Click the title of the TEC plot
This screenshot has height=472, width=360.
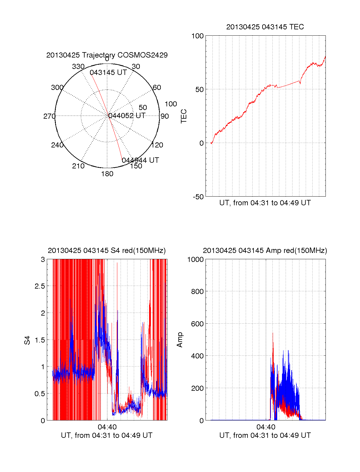click(x=265, y=27)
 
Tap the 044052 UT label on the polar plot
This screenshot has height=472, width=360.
click(x=127, y=116)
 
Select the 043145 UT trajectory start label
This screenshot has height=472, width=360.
click(x=108, y=73)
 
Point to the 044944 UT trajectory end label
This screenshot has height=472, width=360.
click(x=140, y=160)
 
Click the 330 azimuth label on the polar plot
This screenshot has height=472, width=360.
click(x=78, y=67)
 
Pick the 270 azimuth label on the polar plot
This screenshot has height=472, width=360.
click(x=49, y=116)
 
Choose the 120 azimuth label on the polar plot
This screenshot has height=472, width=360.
click(x=157, y=145)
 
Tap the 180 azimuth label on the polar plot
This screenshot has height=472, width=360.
click(x=107, y=174)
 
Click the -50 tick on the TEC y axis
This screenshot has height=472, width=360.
click(x=198, y=197)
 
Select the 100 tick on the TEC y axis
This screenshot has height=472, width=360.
click(x=197, y=36)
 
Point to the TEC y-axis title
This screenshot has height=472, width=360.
click(x=184, y=116)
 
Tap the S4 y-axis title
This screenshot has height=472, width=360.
click(x=27, y=340)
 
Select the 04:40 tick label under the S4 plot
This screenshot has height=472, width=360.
click(x=107, y=427)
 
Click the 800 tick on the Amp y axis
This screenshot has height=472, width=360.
click(x=197, y=291)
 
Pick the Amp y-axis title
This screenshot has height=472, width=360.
click(x=180, y=340)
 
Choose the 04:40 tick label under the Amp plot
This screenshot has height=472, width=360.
click(x=266, y=427)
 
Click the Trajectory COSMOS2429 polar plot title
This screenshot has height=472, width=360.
click(x=107, y=55)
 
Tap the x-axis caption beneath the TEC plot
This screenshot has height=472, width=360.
click(x=265, y=203)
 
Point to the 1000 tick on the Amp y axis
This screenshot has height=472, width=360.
click(x=195, y=260)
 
